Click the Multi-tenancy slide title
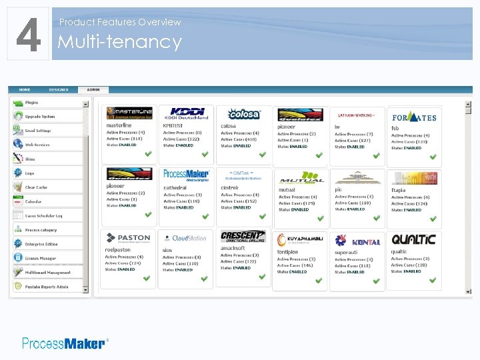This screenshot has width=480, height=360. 120,42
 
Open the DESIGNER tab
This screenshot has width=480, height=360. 58,89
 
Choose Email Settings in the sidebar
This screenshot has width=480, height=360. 38,131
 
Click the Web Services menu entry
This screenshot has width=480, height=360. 37,145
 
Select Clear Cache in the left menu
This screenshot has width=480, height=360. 36,187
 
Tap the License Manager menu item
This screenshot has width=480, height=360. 40,258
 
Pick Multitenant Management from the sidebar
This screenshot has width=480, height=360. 47,273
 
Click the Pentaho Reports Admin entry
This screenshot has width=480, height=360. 47,287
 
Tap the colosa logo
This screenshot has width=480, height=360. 244,114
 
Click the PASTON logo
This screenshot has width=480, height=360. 129,238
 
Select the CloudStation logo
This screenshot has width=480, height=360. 187,238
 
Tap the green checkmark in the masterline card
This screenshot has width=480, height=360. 148,155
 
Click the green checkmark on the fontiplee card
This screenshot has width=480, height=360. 319,281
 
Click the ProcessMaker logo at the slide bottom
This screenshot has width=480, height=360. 64,343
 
